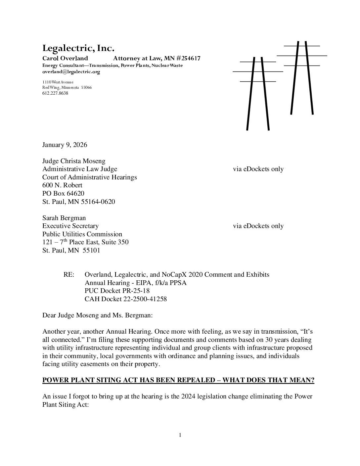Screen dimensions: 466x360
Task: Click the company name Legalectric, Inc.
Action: pos(78,48)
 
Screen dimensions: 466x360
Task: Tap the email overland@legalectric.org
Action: pos(71,71)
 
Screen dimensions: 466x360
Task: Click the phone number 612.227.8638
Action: pos(55,93)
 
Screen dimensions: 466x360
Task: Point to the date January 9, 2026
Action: pos(65,145)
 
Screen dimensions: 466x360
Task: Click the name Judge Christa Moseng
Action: pos(74,161)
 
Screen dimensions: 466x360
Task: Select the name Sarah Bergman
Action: pos(64,218)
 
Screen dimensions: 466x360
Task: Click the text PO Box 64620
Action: pos(63,193)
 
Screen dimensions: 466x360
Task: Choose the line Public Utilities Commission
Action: pos(82,234)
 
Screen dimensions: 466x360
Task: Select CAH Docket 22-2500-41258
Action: pos(126,299)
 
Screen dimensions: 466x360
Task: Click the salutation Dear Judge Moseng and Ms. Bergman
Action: pos(98,315)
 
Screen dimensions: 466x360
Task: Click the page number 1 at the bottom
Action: pos(180,435)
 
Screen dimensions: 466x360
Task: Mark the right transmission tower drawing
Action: pos(302,78)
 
